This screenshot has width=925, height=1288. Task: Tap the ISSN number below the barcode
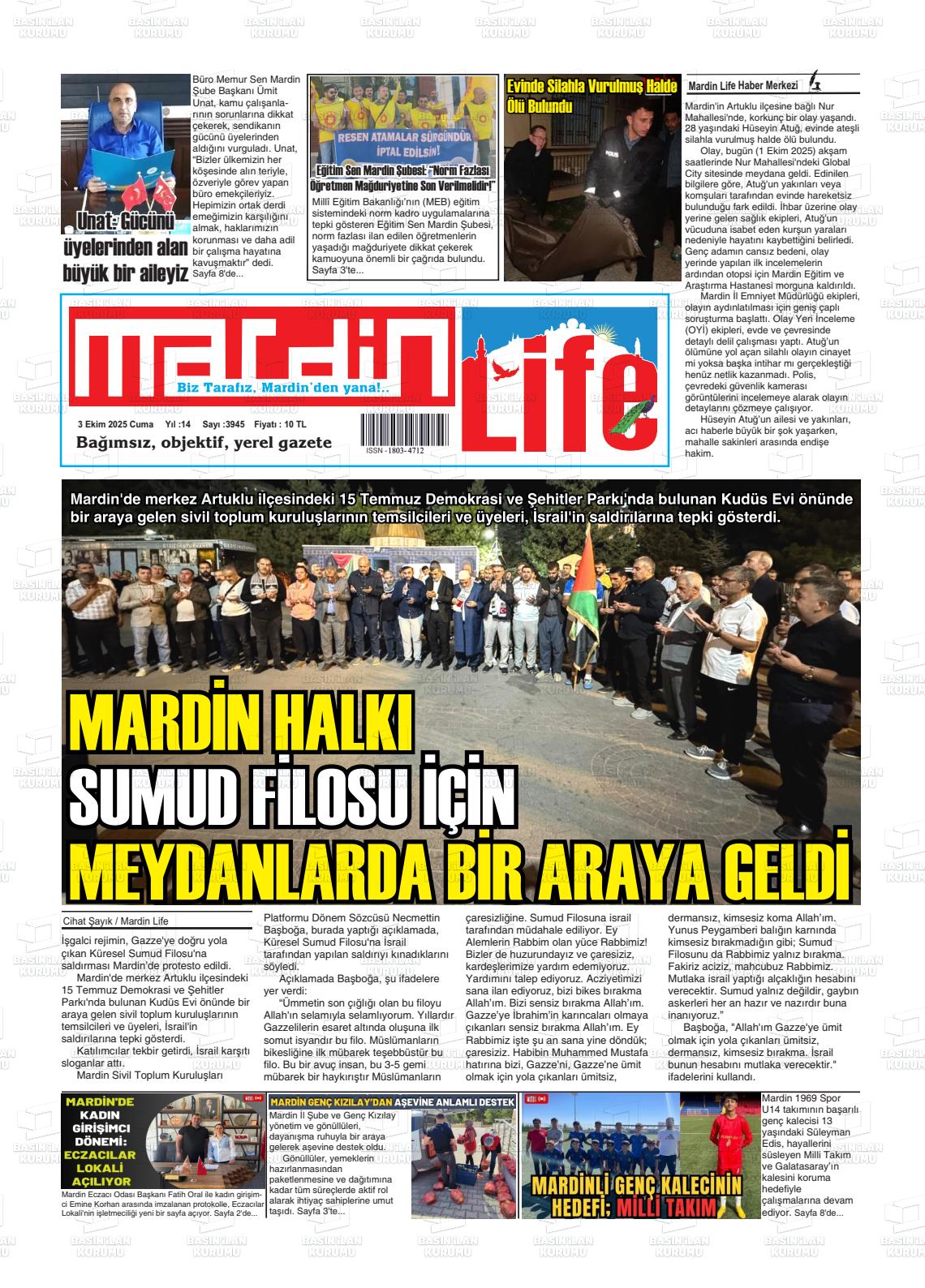tap(394, 450)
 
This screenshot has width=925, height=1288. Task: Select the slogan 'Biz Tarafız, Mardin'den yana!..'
tap(283, 389)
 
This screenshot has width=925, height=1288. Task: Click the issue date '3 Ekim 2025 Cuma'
tap(115, 424)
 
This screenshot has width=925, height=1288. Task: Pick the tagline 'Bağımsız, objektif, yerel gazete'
tap(204, 442)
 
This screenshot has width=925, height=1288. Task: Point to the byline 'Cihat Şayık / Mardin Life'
tap(115, 921)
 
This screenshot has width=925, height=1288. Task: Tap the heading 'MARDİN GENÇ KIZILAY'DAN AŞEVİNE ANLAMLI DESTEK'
tap(392, 1102)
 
